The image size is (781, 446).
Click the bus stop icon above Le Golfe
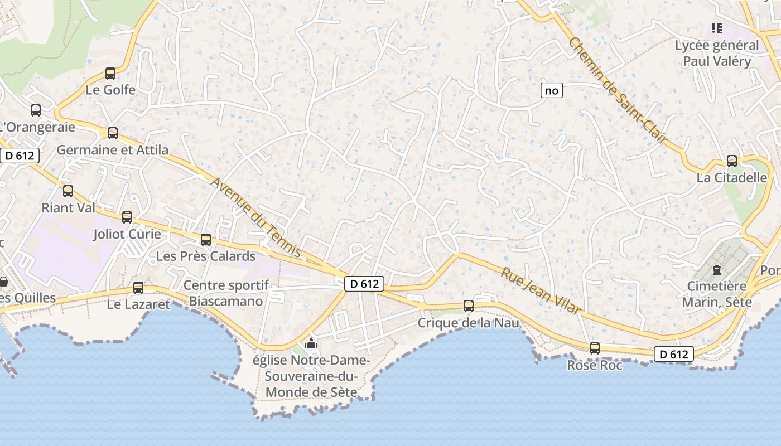click(110, 73)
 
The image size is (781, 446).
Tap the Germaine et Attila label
click(112, 150)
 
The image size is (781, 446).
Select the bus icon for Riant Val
click(68, 191)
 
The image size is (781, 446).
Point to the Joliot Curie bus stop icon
click(127, 217)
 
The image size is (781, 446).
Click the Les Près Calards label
click(205, 256)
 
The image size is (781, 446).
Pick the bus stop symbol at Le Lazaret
click(138, 288)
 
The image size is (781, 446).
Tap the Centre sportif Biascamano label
click(226, 293)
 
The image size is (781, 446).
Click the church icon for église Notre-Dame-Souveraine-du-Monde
click(311, 343)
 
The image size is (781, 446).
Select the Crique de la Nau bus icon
click(469, 306)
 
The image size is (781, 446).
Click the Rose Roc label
click(595, 366)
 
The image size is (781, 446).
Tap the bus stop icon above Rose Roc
click(595, 348)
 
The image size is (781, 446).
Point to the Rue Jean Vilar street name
click(541, 292)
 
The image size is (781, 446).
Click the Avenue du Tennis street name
click(257, 218)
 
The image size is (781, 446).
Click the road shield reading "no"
click(551, 90)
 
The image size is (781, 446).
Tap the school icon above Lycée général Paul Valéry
click(717, 28)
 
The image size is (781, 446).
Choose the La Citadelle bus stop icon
click(732, 161)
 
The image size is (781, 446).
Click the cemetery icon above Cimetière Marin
click(717, 270)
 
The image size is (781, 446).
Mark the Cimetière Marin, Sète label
click(719, 294)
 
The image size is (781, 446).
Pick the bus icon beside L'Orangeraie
click(36, 110)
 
